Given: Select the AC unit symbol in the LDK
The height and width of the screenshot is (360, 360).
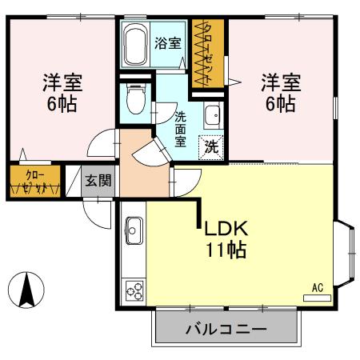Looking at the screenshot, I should coord(317,295).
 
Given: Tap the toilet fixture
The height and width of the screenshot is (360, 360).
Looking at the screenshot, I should coord(135,100).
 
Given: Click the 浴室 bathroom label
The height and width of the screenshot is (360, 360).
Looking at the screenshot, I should coord(167,41).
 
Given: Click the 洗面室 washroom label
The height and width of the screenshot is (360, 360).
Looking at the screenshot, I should coord(182,127).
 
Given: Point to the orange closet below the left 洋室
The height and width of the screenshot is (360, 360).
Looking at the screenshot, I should coord(34,181).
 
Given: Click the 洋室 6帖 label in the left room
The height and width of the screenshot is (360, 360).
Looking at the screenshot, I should coord(62,92).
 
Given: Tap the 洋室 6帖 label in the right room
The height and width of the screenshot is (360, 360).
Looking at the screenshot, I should coord(280,92).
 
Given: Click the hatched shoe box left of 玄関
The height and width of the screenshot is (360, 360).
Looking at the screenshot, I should coord(72,180).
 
